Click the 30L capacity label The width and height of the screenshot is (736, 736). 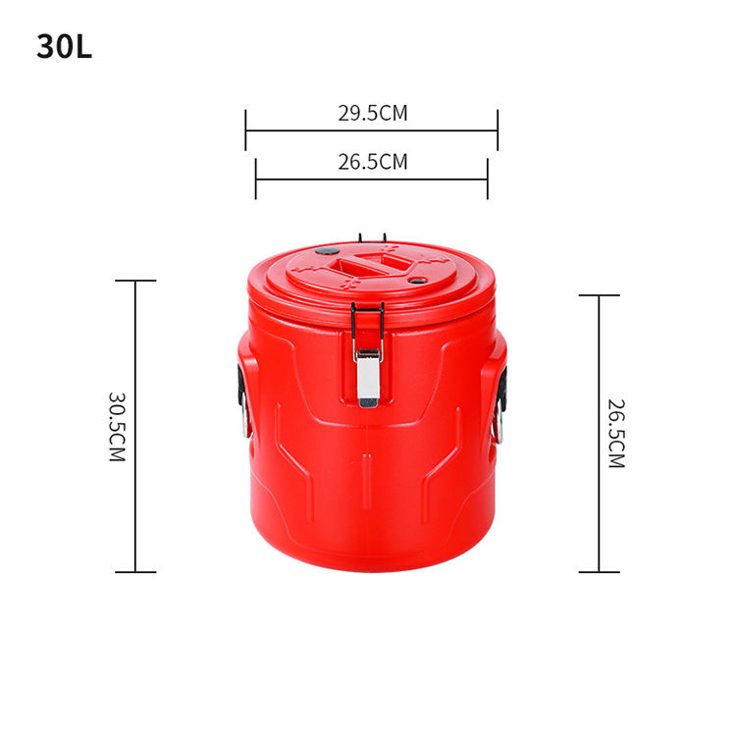(64, 47)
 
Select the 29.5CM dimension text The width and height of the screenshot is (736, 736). (372, 113)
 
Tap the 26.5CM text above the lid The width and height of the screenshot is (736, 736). (372, 162)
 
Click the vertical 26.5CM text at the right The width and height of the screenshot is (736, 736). (615, 433)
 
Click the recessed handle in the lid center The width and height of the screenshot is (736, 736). (371, 265)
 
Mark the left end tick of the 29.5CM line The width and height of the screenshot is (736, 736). (246, 130)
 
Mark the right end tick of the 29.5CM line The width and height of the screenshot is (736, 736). (498, 130)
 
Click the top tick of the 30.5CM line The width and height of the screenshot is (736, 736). (135, 281)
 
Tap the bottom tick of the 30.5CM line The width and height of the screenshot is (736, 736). (135, 571)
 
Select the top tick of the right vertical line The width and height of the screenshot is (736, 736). (599, 295)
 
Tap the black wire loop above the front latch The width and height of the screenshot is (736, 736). (367, 319)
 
